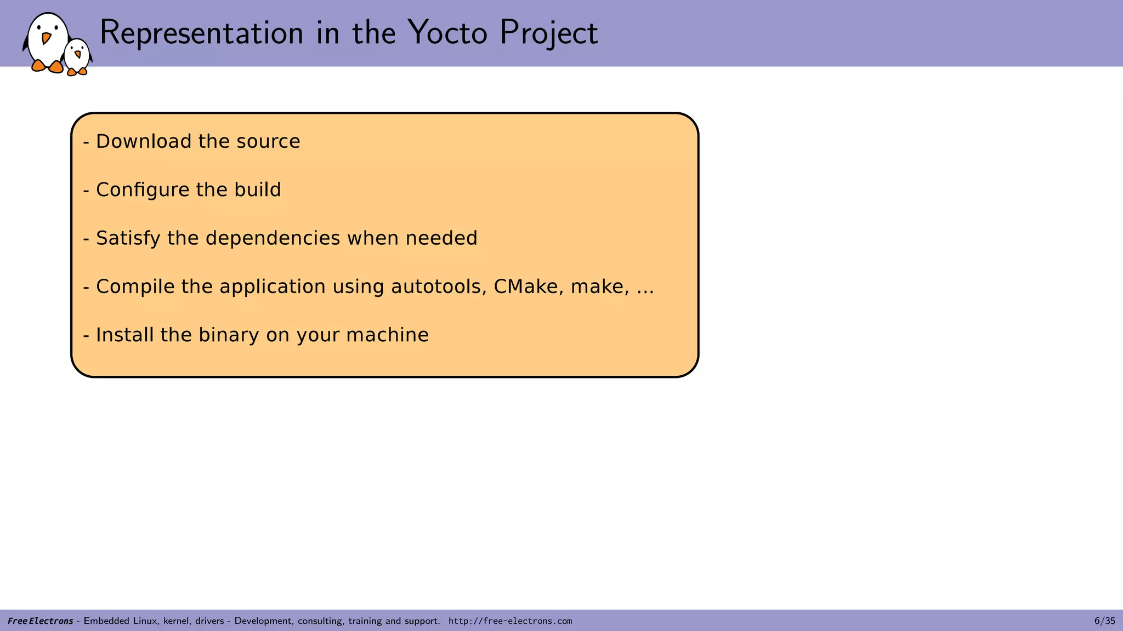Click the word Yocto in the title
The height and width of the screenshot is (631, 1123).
(447, 33)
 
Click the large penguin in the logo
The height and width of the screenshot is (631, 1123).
(47, 42)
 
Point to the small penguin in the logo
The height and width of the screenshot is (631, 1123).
(77, 56)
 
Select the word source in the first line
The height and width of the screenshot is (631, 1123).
(268, 141)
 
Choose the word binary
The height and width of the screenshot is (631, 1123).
(229, 335)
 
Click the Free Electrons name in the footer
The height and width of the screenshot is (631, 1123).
(40, 621)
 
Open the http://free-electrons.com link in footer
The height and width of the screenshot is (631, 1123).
(510, 621)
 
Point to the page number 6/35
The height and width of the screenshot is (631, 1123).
(1104, 621)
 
